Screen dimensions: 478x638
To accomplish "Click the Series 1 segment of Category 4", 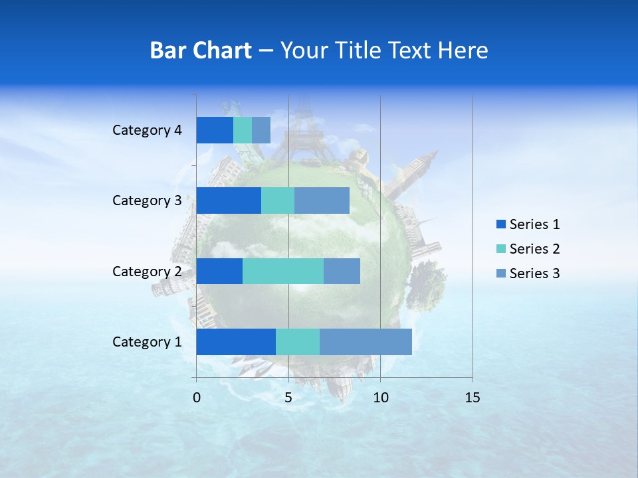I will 215,130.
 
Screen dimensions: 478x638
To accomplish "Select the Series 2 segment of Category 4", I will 243,130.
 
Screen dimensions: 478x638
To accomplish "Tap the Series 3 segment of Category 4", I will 261,130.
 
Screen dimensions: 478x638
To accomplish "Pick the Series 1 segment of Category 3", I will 229,200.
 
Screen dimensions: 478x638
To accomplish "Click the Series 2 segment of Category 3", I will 278,200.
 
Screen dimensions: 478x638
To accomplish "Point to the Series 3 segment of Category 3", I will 322,200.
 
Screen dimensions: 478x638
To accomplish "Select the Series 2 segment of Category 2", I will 283,271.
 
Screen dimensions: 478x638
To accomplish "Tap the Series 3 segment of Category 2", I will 342,271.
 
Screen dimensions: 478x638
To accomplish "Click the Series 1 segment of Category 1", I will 236,342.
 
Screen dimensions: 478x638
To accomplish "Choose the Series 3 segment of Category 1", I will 366,342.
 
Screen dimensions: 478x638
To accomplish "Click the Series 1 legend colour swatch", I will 500,224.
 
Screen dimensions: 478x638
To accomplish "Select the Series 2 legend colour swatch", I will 500,249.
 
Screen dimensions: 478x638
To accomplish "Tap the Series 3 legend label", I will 534,274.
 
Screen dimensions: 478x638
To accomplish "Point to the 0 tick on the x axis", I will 197,398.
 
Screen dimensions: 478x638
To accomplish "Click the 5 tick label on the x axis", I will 288,398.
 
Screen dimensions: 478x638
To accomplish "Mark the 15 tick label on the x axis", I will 472,398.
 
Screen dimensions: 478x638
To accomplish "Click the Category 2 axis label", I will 147,271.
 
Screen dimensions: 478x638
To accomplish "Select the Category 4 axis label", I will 147,130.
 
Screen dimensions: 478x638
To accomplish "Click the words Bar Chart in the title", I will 201,50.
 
